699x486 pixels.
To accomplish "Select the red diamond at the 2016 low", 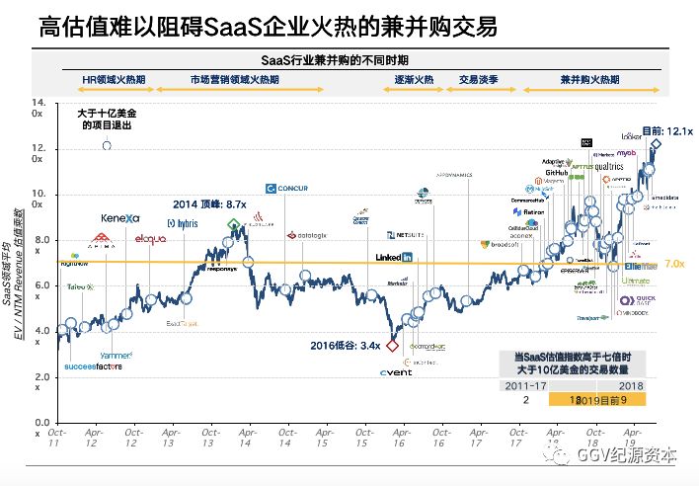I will pyautogui.click(x=392, y=346).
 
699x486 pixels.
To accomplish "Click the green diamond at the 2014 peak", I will pyautogui.click(x=233, y=224).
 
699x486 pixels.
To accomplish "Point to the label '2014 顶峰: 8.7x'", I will pyautogui.click(x=209, y=202).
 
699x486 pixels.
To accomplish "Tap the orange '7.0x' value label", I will pyautogui.click(x=674, y=264).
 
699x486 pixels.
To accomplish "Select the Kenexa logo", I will pyautogui.click(x=120, y=217).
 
